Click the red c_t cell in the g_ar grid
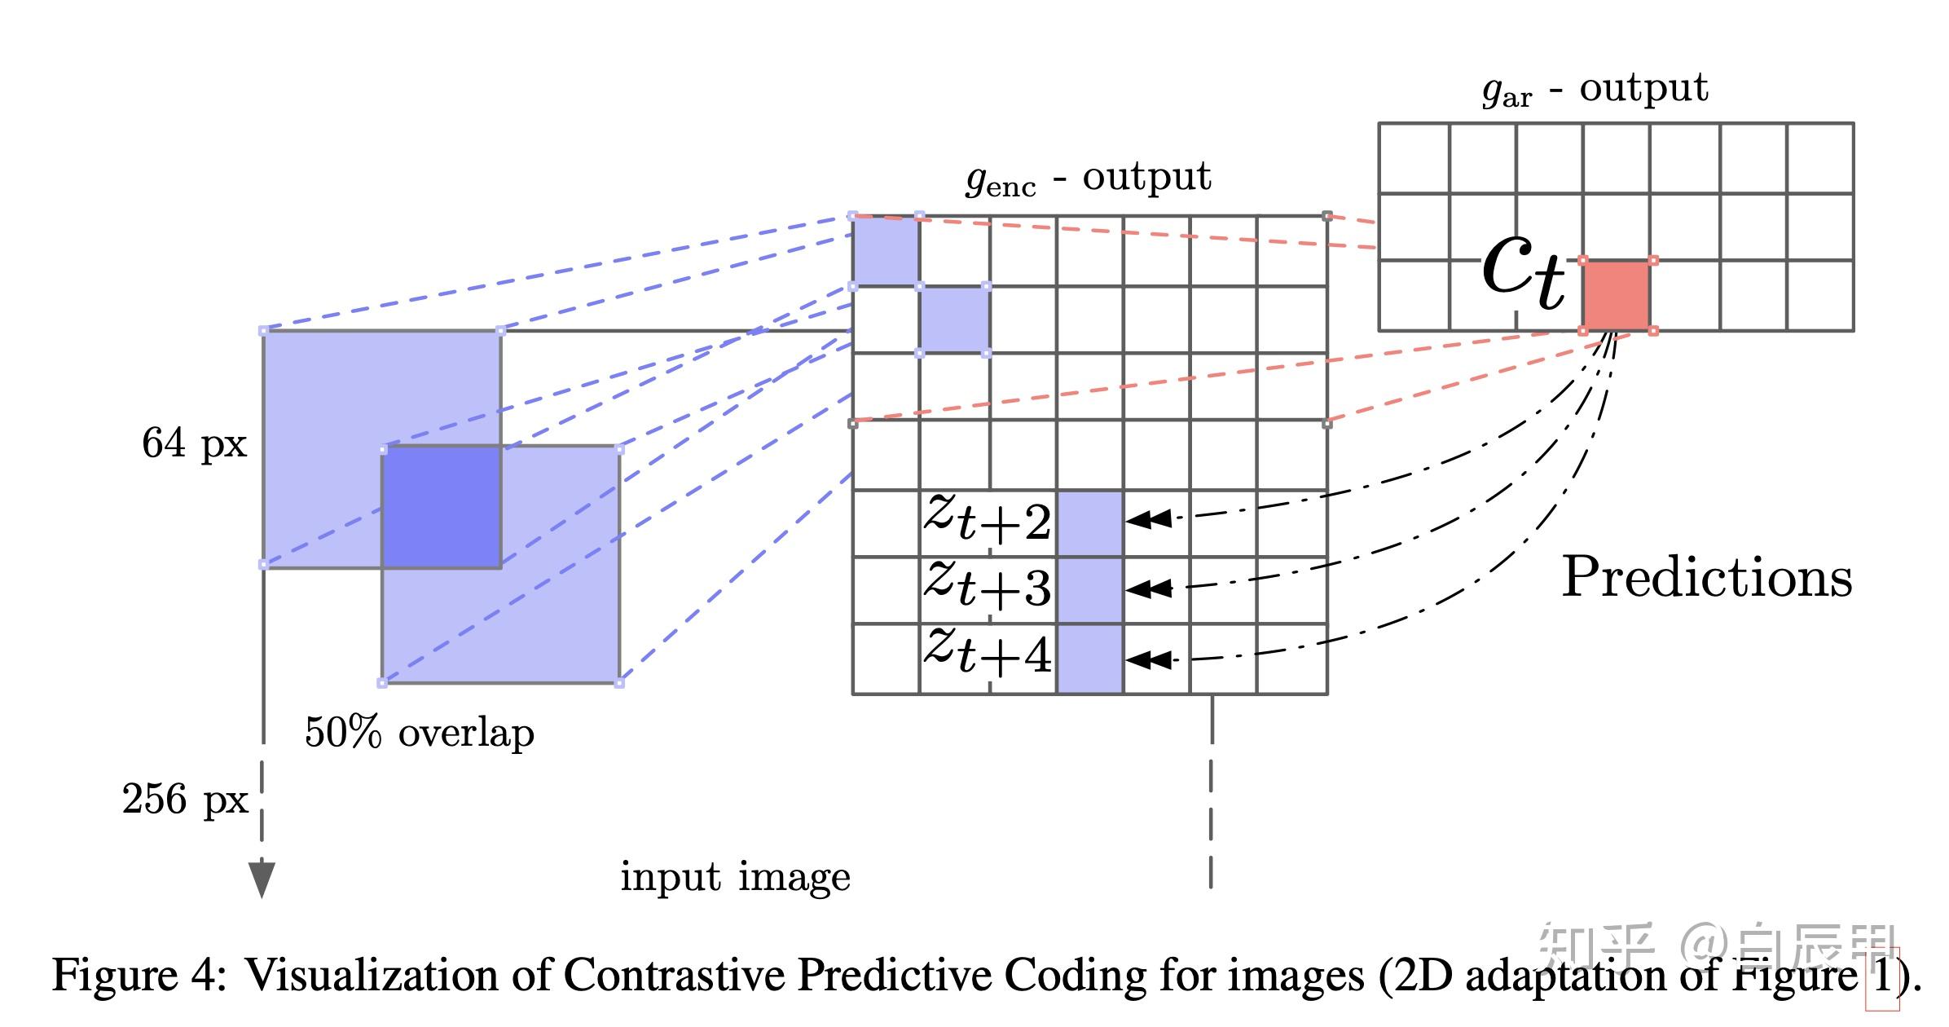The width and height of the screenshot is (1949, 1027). [1617, 295]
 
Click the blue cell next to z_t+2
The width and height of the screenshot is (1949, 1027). [1089, 523]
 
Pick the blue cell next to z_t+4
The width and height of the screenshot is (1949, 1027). [1089, 659]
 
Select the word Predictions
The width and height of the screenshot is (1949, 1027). [1706, 577]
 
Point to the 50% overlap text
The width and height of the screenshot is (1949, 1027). [419, 732]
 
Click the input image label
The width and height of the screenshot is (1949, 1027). [735, 877]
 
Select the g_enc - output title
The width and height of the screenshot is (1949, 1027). [1089, 178]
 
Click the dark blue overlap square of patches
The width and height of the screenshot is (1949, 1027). [441, 506]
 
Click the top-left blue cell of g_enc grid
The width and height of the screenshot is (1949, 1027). [885, 251]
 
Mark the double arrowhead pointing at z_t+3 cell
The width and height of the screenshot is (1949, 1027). [1149, 588]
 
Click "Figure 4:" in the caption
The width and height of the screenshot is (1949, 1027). [139, 975]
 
